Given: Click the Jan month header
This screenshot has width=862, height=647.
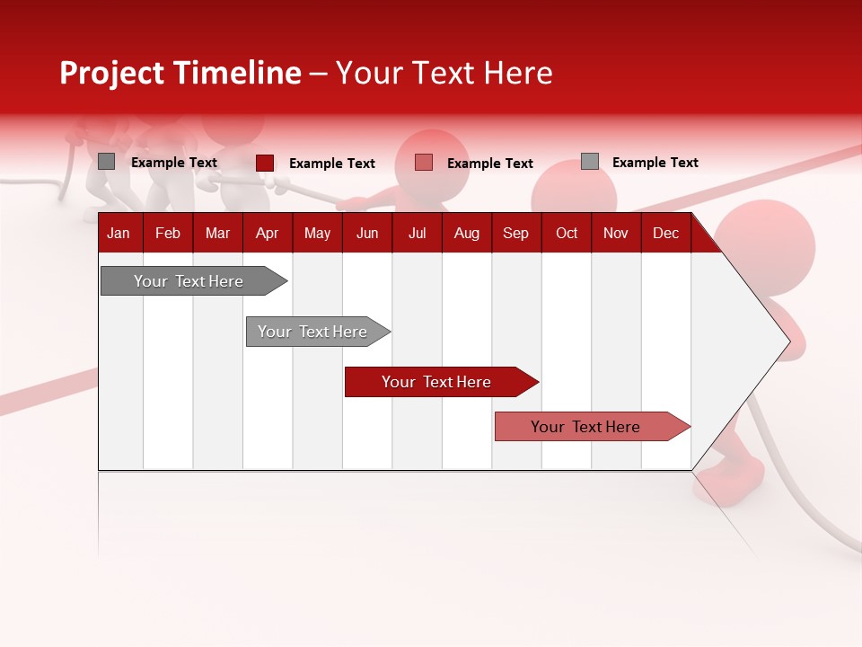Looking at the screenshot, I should tap(119, 234).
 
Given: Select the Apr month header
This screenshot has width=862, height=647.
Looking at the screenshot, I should tap(267, 234).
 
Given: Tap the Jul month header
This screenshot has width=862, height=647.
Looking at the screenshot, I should tap(417, 234).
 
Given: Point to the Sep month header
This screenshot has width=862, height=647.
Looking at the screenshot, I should tap(515, 234).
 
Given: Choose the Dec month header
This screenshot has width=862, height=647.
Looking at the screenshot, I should tap(665, 234).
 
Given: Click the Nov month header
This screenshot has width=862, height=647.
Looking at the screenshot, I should tap(615, 234).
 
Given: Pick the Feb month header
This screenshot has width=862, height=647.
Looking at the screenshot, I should tap(168, 234).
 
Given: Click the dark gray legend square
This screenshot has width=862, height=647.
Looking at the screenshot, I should tap(107, 162).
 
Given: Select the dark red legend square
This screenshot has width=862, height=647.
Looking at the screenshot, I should tap(265, 163).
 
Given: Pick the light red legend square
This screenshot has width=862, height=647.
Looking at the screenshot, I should tap(424, 163).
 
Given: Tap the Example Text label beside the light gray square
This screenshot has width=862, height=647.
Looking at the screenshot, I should tap(655, 163).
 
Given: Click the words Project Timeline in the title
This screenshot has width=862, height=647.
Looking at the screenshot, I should tap(180, 73).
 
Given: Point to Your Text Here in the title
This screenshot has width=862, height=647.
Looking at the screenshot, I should tap(444, 73).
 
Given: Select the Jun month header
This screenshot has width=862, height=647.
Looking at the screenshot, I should tap(367, 234).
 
